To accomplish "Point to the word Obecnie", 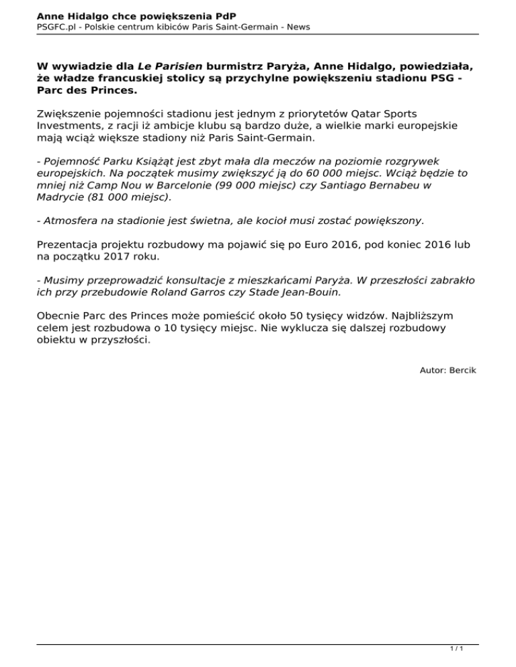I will (x=58, y=315).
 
